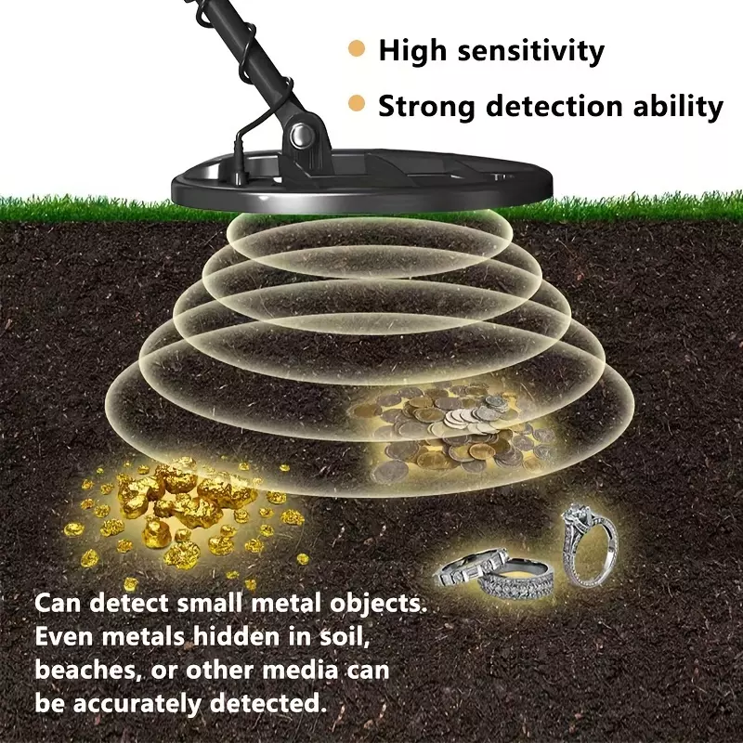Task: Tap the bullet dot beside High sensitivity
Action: click(357, 48)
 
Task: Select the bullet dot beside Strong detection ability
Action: click(357, 103)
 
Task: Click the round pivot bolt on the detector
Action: click(302, 135)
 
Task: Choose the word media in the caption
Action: click(300, 670)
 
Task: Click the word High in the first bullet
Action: click(412, 50)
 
